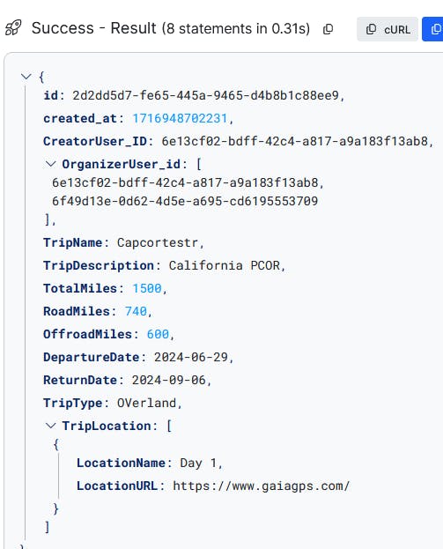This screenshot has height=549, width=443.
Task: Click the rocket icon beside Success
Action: point(13,28)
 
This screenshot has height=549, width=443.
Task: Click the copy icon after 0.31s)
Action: point(328,29)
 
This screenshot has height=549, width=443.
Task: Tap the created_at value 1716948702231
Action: point(180,118)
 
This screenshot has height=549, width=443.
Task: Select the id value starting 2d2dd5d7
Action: point(205,95)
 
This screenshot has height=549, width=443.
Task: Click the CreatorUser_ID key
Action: point(95,141)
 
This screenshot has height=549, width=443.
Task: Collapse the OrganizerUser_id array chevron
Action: point(51,164)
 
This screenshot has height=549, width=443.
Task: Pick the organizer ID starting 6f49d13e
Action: point(185,201)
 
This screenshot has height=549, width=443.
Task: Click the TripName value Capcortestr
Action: point(158,242)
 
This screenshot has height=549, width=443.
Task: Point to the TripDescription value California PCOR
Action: point(225,265)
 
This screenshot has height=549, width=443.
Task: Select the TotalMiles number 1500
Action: point(147,288)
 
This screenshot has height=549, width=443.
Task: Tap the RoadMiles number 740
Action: point(136,311)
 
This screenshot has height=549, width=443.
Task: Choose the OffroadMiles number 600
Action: point(158,334)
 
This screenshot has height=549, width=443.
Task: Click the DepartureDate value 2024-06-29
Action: point(191,357)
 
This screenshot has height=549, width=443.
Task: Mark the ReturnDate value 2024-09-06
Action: point(169,380)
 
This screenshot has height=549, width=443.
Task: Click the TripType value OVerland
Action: point(146,403)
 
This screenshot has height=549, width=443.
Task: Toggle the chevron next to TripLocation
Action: point(51,426)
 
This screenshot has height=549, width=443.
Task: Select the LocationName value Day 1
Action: point(198,464)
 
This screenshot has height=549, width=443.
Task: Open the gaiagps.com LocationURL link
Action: point(262,486)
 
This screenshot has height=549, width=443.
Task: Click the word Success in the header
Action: point(63,28)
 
